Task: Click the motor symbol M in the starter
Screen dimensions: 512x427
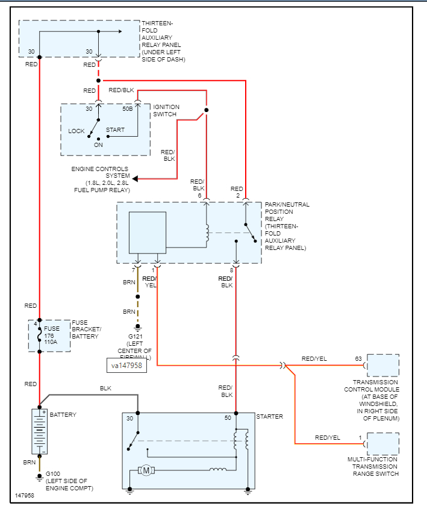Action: tap(147, 470)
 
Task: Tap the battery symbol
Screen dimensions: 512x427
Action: tap(39, 431)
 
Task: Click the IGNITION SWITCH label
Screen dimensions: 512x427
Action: tap(166, 111)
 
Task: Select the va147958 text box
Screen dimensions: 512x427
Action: tap(128, 365)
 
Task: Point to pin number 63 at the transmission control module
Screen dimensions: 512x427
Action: tap(358, 359)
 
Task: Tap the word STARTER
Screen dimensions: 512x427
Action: tap(269, 417)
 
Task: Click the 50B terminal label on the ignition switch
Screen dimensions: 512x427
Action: tap(128, 109)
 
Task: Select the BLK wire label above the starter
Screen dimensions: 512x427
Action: tap(105, 389)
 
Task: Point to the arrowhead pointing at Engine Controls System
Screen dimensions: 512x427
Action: tap(136, 178)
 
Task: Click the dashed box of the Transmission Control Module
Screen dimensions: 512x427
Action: tap(382, 366)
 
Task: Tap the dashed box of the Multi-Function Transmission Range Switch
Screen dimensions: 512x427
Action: tap(382, 444)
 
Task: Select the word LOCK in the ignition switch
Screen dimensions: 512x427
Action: tap(76, 131)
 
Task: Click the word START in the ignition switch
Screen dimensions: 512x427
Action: tap(115, 130)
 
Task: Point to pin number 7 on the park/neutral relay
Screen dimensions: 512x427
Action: tap(133, 270)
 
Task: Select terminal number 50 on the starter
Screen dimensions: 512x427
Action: tap(228, 417)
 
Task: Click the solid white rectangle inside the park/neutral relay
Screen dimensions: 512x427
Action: tap(148, 233)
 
